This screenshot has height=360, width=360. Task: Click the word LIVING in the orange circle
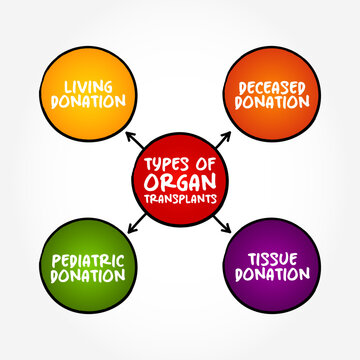pos(84,86)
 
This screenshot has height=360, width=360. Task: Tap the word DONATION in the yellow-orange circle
pos(84,102)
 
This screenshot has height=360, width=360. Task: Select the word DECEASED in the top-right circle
pos(272,86)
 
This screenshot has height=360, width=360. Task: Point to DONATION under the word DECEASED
pos(272,102)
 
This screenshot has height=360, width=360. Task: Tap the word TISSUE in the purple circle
pos(272,260)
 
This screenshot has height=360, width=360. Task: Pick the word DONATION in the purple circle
pos(272,276)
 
